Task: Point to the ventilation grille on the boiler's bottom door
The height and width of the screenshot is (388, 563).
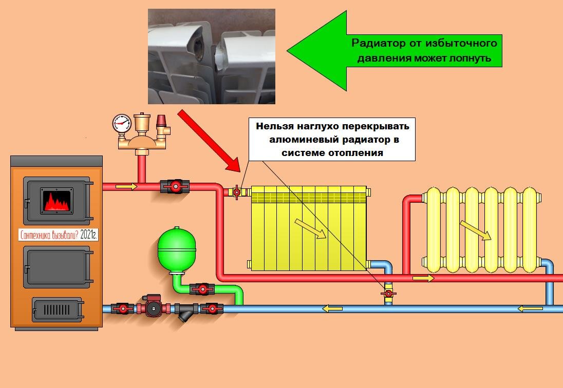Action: (57, 309)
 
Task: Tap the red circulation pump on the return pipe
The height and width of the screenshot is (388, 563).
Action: (152, 307)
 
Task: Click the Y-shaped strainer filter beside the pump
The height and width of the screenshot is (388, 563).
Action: (184, 311)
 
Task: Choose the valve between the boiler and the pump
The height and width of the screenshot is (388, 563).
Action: (122, 308)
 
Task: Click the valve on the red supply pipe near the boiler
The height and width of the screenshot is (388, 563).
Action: (175, 186)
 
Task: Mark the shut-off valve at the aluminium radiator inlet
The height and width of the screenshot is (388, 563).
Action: (237, 192)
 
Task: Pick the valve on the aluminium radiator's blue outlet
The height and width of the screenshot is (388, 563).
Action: (388, 294)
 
